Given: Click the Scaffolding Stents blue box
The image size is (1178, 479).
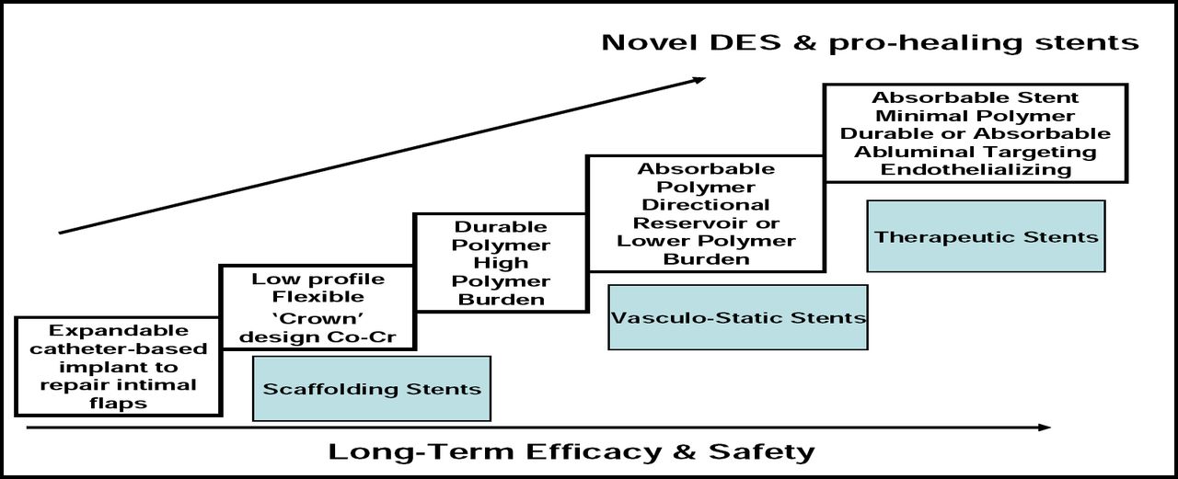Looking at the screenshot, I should click(372, 388).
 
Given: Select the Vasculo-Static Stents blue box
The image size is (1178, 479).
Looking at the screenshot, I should click(738, 317).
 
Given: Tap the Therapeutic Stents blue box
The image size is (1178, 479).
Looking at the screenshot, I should click(986, 236).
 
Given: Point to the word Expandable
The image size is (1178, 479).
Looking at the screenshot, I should click(120, 330).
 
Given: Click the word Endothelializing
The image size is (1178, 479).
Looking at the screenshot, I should click(976, 169).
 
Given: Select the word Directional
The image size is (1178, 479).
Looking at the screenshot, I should click(706, 205).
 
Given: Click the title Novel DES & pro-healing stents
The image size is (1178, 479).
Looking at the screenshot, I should click(870, 42).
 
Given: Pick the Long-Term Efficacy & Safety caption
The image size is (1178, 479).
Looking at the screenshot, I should click(572, 451).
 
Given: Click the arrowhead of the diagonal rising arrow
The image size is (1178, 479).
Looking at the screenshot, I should click(699, 80).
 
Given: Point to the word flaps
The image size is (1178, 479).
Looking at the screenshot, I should click(120, 403).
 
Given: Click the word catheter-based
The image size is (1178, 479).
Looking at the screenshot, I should click(120, 348).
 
